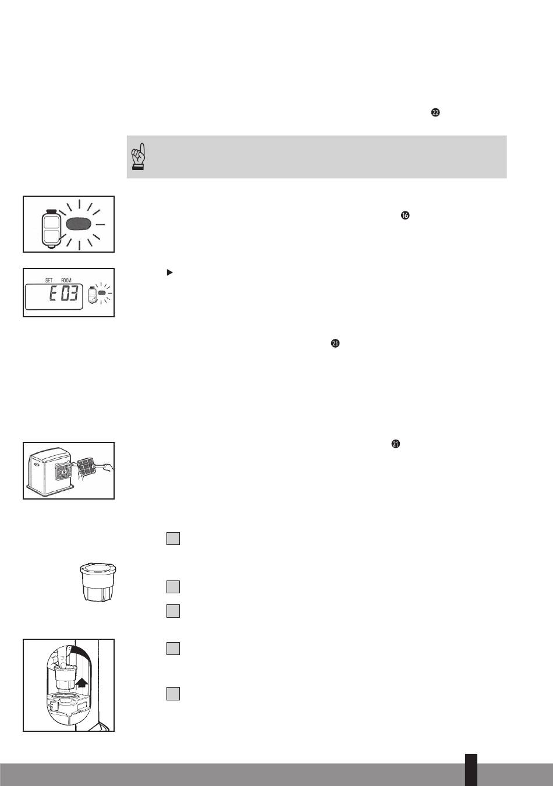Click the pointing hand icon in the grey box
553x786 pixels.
139,157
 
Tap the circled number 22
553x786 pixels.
435,112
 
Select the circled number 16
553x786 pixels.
405,215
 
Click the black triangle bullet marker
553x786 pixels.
170,272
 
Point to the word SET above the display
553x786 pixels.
49,281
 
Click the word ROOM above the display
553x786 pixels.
66,281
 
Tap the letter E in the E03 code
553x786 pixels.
52,293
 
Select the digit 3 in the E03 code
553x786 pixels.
73,293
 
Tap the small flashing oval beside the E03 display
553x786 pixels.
102,292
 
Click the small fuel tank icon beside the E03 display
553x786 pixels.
91,295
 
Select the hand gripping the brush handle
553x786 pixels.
108,467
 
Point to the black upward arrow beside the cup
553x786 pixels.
81,682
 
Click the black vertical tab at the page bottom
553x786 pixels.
472,770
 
